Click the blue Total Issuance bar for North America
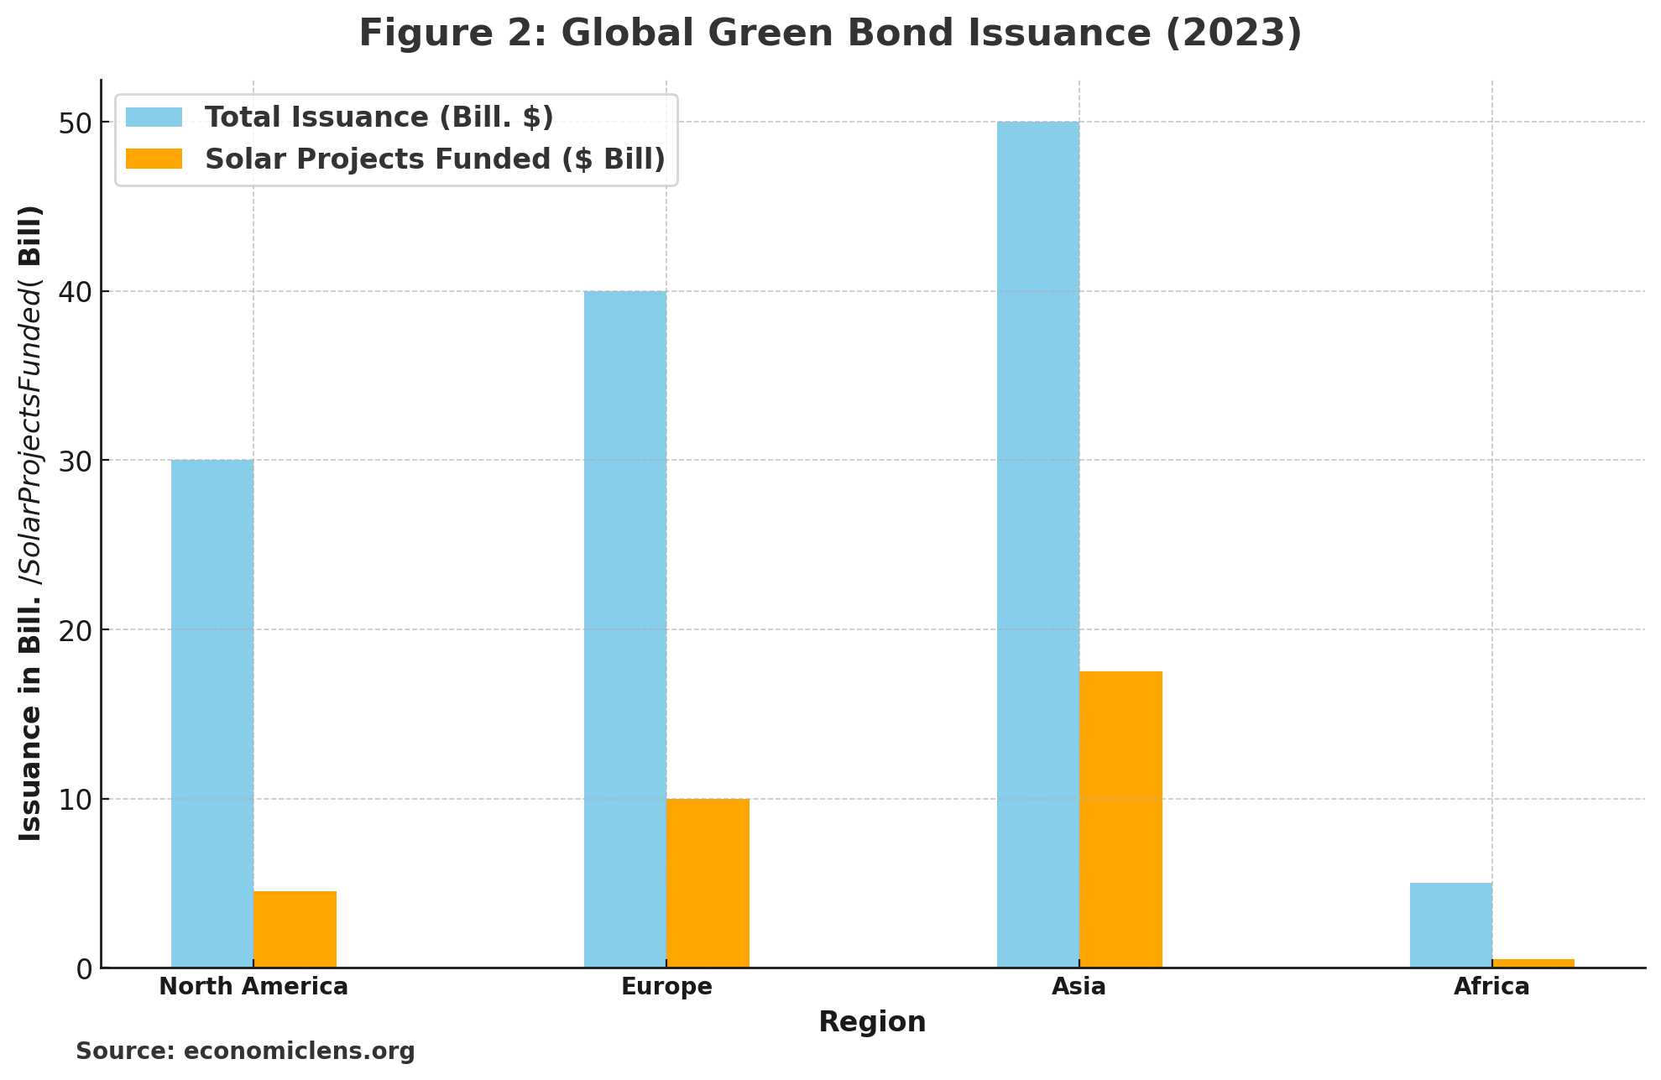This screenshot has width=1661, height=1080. coord(212,713)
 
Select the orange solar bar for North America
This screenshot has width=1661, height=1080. coord(295,929)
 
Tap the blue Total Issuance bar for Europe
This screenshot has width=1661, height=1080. coord(625,629)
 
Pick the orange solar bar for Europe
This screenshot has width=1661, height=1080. coord(708,883)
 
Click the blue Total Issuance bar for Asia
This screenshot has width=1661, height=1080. coord(1038,545)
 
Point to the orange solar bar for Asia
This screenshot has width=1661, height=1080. coord(1120,819)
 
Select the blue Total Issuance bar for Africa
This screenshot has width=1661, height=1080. coord(1450,925)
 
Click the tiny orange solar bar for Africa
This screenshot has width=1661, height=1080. coord(1533,963)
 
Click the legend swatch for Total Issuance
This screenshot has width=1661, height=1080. coord(154,117)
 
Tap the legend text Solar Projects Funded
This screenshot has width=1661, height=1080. coord(435,159)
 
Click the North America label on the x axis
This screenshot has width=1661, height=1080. coord(253,987)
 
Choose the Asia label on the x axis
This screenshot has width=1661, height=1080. coord(1079,987)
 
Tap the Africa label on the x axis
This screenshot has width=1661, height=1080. coord(1491,987)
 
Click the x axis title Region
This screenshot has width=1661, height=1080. coord(872,1022)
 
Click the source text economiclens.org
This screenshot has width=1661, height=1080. coord(299,1051)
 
